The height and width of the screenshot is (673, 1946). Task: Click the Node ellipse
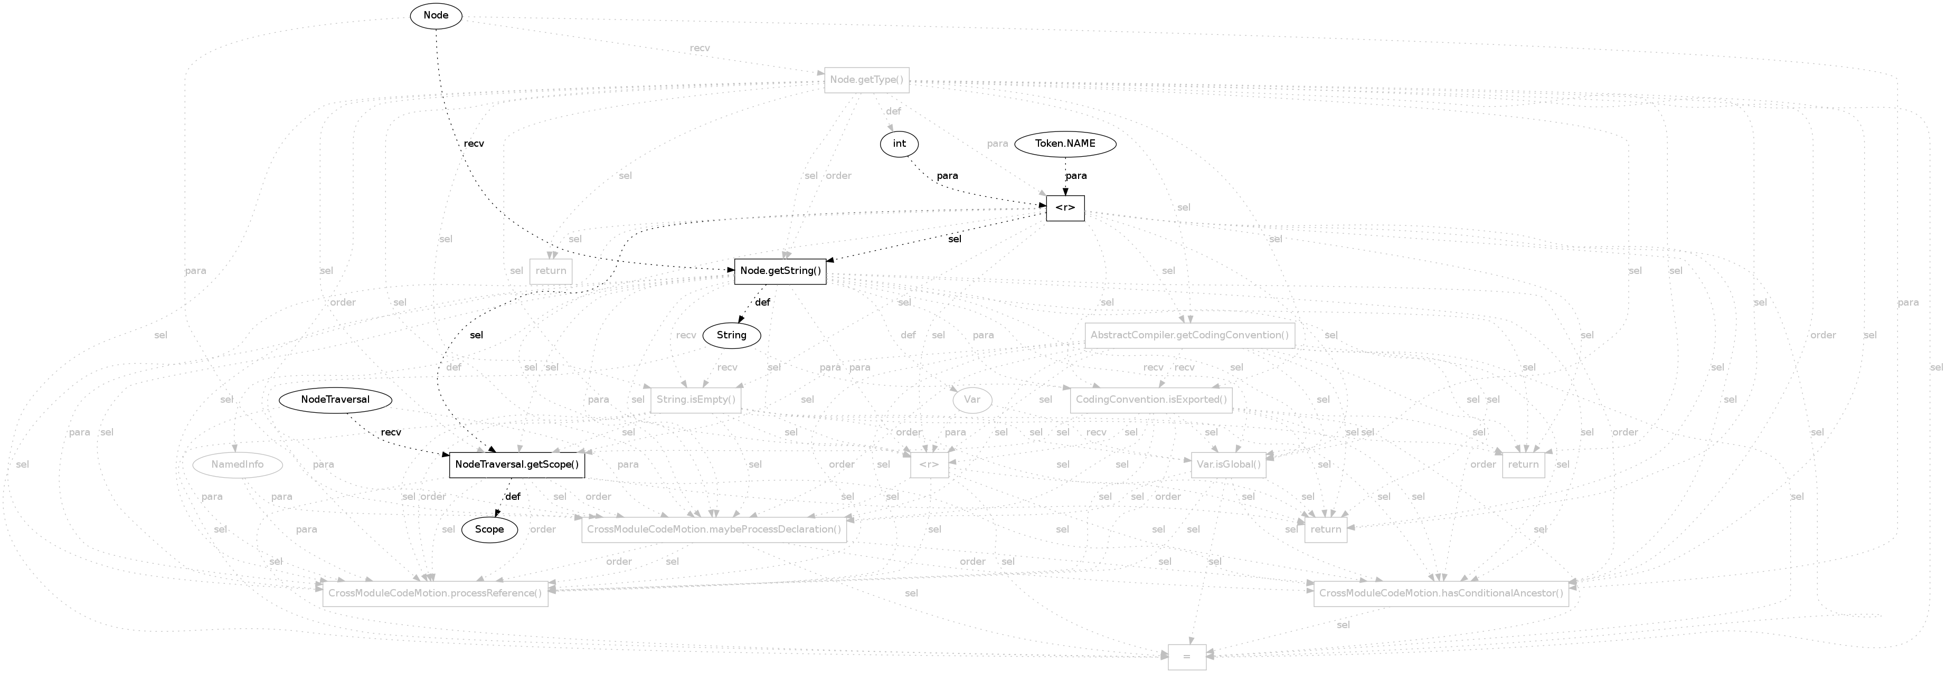pos(436,16)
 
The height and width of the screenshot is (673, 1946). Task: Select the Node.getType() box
pos(866,80)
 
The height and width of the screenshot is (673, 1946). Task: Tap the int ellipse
pos(899,144)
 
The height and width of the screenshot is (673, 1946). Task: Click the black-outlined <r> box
pos(1065,208)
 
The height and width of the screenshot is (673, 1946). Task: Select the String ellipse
pos(731,335)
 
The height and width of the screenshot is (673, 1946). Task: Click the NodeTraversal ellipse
pos(335,400)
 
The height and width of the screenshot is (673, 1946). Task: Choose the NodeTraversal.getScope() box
pos(517,465)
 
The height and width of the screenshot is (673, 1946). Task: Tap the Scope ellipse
pos(489,529)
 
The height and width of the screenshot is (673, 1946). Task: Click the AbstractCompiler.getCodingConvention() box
pos(1189,335)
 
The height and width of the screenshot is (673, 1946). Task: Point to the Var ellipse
pos(972,400)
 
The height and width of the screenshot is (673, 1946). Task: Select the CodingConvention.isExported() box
pos(1150,400)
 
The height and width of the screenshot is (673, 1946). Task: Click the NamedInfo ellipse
pos(237,465)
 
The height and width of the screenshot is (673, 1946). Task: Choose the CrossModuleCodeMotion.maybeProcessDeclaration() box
pos(714,529)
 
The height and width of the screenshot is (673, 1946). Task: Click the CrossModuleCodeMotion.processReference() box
pos(435,594)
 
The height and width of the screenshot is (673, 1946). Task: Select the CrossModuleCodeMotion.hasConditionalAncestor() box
pos(1441,594)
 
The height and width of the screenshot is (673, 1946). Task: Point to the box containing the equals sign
pos(1187,657)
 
